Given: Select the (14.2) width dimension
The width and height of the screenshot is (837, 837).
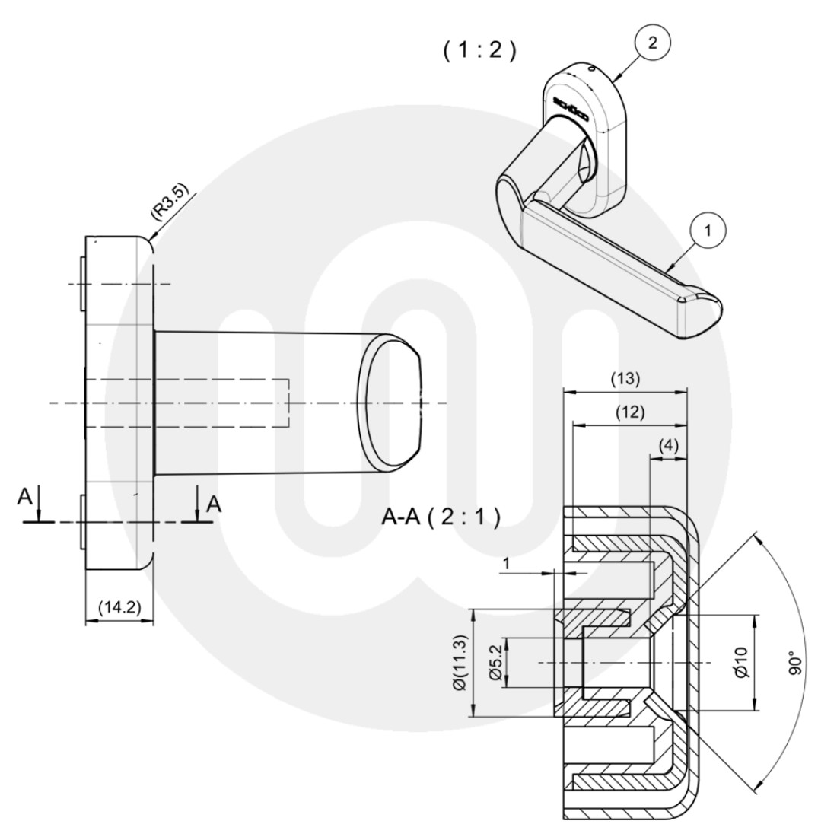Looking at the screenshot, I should pyautogui.click(x=118, y=607).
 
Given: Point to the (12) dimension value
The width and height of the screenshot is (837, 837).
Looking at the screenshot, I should pyautogui.click(x=629, y=412).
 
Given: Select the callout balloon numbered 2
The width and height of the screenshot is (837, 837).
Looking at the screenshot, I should pyautogui.click(x=651, y=43).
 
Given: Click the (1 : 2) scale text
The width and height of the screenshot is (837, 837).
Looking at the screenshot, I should pyautogui.click(x=479, y=50).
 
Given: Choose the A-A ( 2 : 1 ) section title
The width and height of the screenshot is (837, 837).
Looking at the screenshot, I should pyautogui.click(x=441, y=518).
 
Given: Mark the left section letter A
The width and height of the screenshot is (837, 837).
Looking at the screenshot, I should pyautogui.click(x=25, y=498).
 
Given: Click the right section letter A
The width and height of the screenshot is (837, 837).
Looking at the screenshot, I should pyautogui.click(x=215, y=503).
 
